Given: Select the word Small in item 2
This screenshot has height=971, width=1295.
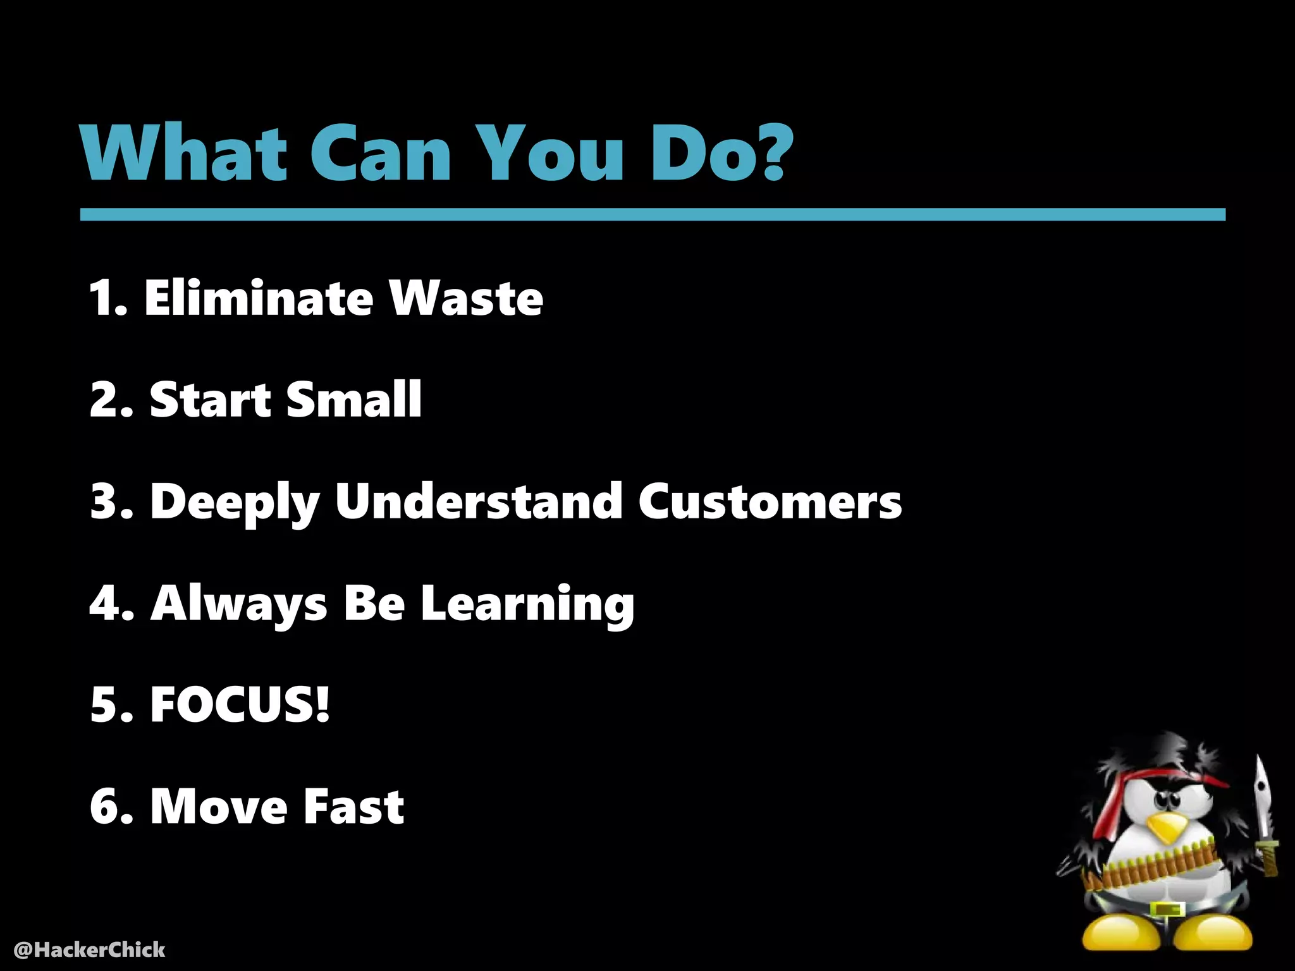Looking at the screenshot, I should (353, 400).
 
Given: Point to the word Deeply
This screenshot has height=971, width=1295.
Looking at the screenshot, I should (235, 502).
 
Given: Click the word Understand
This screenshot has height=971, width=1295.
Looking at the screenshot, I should (479, 501).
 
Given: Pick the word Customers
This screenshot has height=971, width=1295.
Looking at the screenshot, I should (770, 502).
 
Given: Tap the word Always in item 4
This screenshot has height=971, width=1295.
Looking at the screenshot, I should (238, 604).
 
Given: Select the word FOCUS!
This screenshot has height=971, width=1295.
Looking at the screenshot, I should (240, 704).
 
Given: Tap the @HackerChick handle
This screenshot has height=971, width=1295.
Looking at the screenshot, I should (89, 950).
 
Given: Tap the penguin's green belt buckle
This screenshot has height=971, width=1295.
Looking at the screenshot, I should (1167, 910).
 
